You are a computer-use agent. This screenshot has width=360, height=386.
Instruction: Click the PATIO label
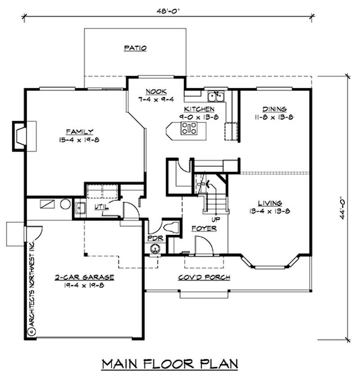[135, 48]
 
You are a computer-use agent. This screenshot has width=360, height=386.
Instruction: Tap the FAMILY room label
[80, 132]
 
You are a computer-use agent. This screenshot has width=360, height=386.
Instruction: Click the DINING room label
[274, 109]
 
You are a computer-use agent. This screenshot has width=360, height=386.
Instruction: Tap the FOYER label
[204, 228]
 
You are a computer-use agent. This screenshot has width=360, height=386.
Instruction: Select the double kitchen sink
[216, 95]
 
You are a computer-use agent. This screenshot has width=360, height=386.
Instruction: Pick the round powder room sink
[155, 248]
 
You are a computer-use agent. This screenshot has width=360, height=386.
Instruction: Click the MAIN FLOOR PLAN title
[169, 363]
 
